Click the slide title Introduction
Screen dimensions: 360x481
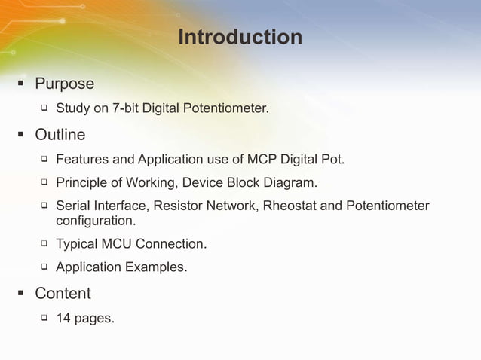pos(240,37)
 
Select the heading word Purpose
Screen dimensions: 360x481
pos(64,84)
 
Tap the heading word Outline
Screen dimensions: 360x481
pos(60,135)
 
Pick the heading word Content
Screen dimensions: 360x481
pos(63,293)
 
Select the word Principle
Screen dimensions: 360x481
pos(82,183)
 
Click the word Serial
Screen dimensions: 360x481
pos(73,206)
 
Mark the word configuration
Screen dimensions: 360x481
pos(96,221)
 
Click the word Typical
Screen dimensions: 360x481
pos(78,244)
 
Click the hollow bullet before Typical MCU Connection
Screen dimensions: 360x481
pos(44,243)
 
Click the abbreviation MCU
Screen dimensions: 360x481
pos(121,244)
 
